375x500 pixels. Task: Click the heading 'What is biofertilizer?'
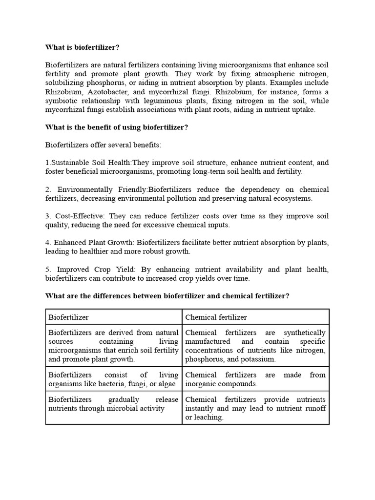click(82, 47)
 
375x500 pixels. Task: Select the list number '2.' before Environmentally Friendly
click(48, 189)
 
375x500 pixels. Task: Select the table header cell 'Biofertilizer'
click(68, 317)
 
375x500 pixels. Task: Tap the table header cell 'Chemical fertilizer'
click(216, 317)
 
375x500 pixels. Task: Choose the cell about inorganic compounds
click(255, 379)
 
